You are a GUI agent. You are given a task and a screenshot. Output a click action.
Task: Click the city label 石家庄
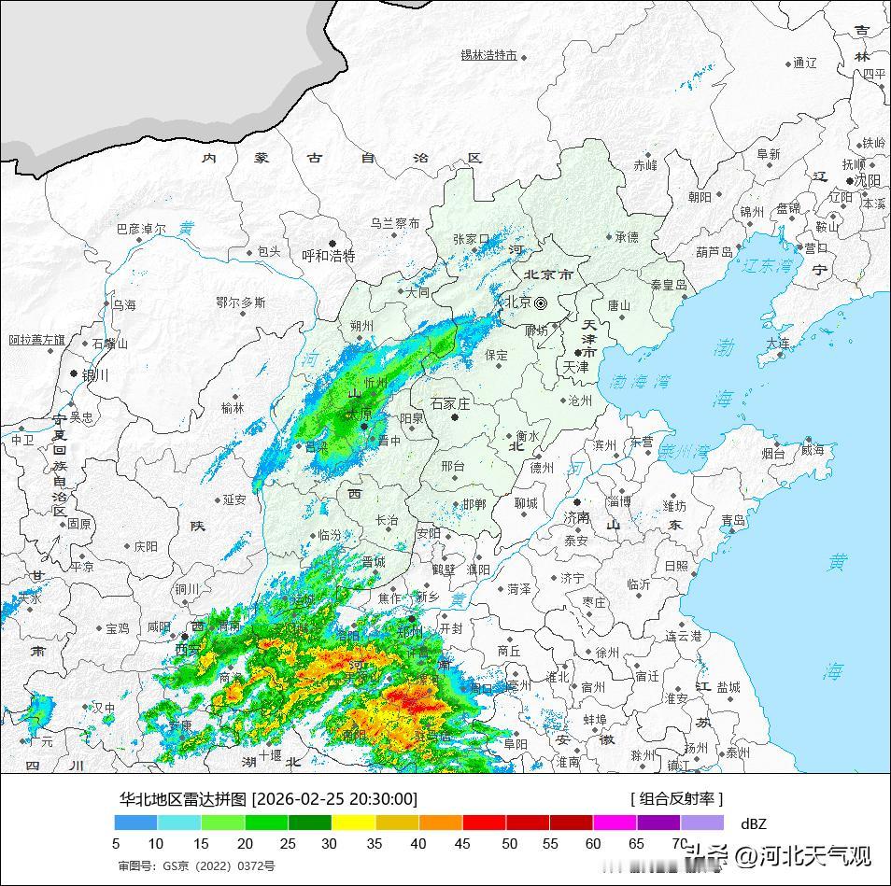point(449,403)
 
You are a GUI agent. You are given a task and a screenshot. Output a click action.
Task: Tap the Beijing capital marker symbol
point(540,302)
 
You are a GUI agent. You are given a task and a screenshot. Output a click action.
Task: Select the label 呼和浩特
point(329,256)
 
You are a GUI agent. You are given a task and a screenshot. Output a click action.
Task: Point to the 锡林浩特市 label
point(488,55)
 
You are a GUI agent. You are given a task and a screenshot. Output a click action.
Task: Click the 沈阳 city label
point(868,180)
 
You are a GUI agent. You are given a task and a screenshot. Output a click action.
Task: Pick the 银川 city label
point(95,375)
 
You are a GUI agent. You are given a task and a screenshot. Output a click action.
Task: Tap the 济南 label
point(576,517)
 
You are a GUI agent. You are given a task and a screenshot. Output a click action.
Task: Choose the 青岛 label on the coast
point(733,520)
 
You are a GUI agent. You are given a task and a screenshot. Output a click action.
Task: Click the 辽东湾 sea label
point(767,267)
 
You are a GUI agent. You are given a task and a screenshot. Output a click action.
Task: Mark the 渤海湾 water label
point(640,381)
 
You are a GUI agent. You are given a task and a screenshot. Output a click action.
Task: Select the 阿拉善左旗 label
point(37,340)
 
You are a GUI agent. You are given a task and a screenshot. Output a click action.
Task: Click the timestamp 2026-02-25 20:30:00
point(335,799)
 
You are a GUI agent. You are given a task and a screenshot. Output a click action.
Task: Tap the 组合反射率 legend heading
point(676,799)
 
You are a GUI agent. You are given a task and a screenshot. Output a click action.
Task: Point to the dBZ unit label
point(753,823)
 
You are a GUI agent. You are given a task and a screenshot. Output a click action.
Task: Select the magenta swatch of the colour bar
point(615,823)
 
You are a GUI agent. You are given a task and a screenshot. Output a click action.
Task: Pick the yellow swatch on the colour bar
point(354,823)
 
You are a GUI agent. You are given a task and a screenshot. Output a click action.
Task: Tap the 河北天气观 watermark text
point(802,854)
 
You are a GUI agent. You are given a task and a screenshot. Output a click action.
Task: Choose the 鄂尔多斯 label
point(240,302)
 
